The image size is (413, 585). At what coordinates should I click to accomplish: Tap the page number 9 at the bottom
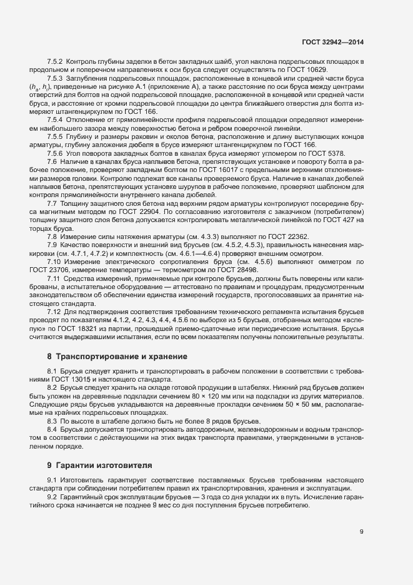(x=361, y=532)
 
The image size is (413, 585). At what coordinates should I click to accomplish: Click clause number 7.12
(x=54, y=310)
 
